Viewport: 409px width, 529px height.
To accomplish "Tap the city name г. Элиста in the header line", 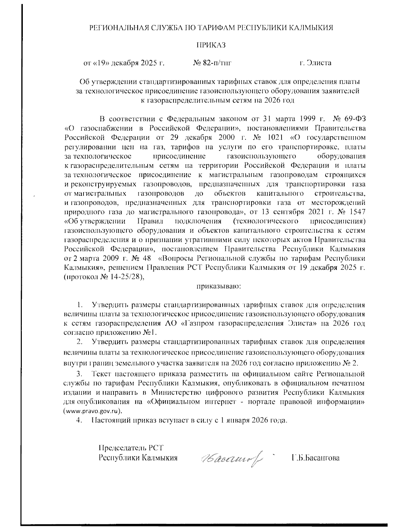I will coord(315,63).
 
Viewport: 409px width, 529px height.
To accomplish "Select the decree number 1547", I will coord(357,212).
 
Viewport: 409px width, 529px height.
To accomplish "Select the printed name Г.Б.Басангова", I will coord(316,458).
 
